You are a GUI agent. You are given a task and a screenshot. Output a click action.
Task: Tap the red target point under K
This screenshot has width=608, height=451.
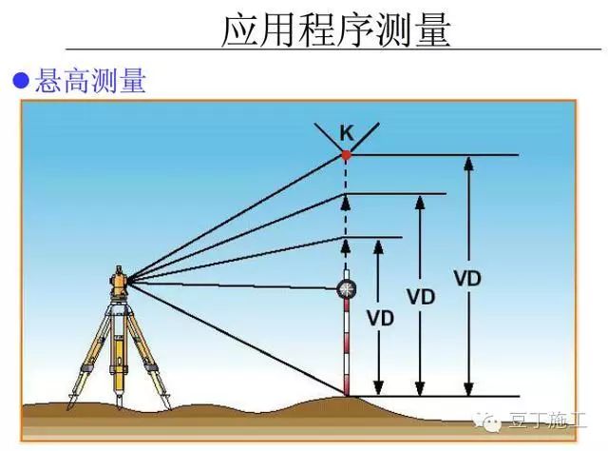pos(346,154)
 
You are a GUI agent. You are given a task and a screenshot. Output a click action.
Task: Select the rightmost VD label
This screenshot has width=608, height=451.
pos(467,278)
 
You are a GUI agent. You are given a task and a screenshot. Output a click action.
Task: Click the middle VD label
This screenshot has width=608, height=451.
pos(420,296)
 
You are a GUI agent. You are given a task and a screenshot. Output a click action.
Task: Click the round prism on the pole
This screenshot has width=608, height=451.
pos(346,288)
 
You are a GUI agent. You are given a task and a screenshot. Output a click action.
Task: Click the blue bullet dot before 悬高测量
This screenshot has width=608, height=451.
pos(21,82)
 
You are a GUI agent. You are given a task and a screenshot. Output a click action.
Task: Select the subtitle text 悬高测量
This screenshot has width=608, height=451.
pos(90,82)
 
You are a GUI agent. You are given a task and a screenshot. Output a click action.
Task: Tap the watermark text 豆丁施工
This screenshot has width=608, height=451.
pos(550,420)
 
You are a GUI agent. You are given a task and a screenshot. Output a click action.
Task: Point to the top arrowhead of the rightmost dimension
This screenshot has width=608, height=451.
pos(467,163)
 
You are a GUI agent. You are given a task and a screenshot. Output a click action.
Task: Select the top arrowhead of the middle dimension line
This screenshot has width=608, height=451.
pos(420,202)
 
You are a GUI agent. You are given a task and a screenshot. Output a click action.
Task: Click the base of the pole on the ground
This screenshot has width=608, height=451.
pos(346,393)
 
